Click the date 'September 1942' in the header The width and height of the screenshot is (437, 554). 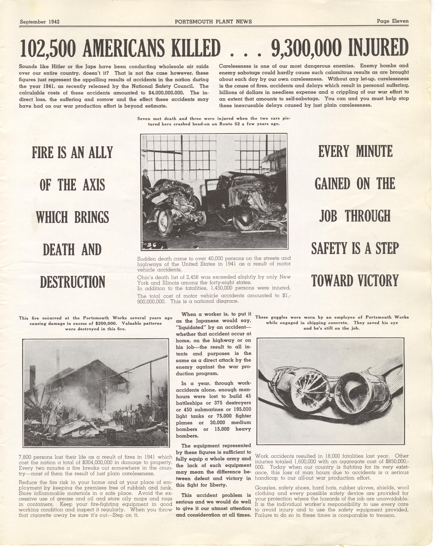pyautogui.click(x=40, y=22)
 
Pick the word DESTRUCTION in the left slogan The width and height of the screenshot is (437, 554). pyautogui.click(x=73, y=282)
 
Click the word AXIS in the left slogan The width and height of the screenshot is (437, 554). pyautogui.click(x=94, y=185)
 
